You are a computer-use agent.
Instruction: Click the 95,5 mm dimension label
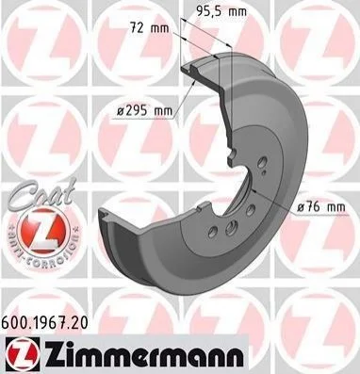[x=221, y=11]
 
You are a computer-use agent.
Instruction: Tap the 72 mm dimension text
[x=150, y=28]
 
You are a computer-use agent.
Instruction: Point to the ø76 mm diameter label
[x=321, y=207]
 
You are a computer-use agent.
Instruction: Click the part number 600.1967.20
[x=45, y=322]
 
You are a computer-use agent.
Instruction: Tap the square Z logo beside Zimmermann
[x=23, y=353]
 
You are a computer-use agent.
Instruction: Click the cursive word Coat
[x=41, y=194]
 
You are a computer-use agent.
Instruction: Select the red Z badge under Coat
[x=43, y=231]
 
